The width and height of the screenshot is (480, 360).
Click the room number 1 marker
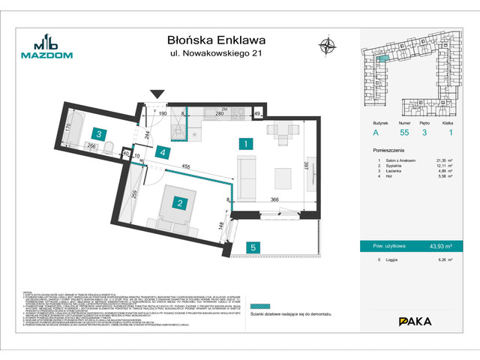coord(244,142)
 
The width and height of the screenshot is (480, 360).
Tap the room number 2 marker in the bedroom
coord(179,202)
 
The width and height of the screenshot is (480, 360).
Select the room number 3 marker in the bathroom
coord(98,135)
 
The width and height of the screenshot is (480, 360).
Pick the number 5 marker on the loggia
coord(254,247)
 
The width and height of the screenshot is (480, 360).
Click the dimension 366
coord(275,199)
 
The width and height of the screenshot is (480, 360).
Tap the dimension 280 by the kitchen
coord(220,113)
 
